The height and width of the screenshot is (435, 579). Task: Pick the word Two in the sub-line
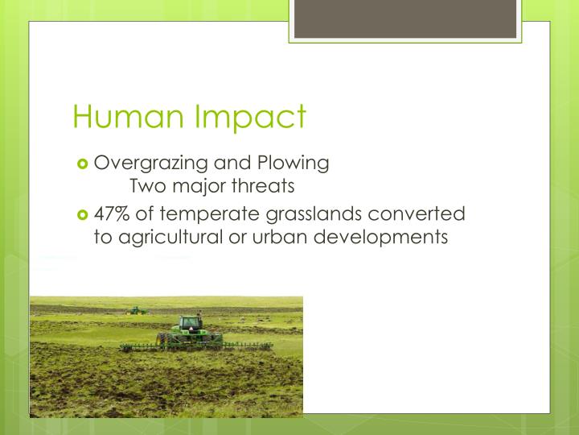pos(146,187)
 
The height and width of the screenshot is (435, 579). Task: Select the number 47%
pos(113,214)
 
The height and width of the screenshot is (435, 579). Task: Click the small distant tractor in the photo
pos(137,309)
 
